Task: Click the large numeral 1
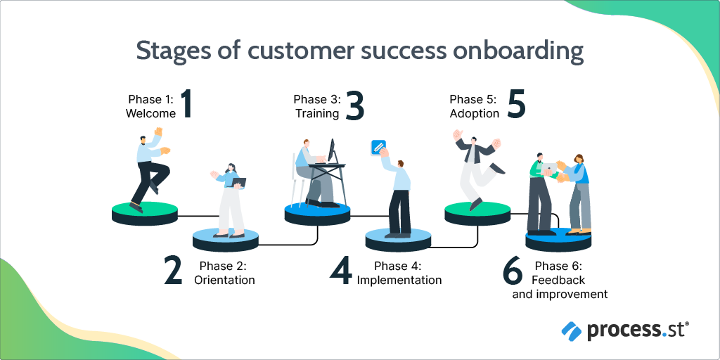tap(186, 104)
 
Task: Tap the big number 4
tap(341, 270)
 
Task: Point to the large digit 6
tap(513, 270)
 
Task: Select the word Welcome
tap(150, 113)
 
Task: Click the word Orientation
tap(224, 280)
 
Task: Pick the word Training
tap(317, 113)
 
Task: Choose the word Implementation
tap(399, 280)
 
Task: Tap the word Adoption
tap(475, 113)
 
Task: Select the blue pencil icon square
tap(378, 147)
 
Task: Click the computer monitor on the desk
tap(332, 150)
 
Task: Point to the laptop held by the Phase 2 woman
tap(239, 182)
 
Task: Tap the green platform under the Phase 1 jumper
tap(145, 214)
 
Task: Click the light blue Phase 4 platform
tap(398, 240)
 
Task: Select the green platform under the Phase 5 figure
tap(477, 214)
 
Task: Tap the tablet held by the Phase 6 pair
tap(548, 169)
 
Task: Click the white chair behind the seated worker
tap(297, 179)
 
